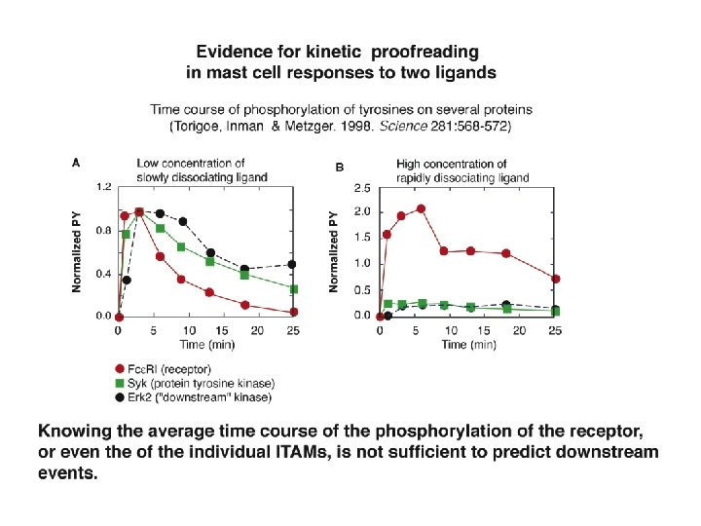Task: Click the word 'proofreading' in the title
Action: click(x=430, y=51)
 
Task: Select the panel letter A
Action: click(x=77, y=164)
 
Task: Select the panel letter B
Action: click(x=340, y=168)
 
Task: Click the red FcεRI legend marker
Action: click(x=120, y=368)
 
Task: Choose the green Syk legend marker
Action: click(x=120, y=383)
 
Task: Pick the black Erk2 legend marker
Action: click(x=120, y=396)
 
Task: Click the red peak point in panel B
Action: click(x=421, y=208)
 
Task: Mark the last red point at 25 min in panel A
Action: click(x=293, y=312)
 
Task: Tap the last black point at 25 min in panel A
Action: click(x=293, y=264)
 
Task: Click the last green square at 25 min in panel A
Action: click(x=293, y=289)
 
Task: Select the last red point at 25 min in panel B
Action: click(x=555, y=279)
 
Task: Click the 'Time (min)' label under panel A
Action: click(x=205, y=346)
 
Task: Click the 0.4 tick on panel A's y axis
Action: click(x=102, y=274)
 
